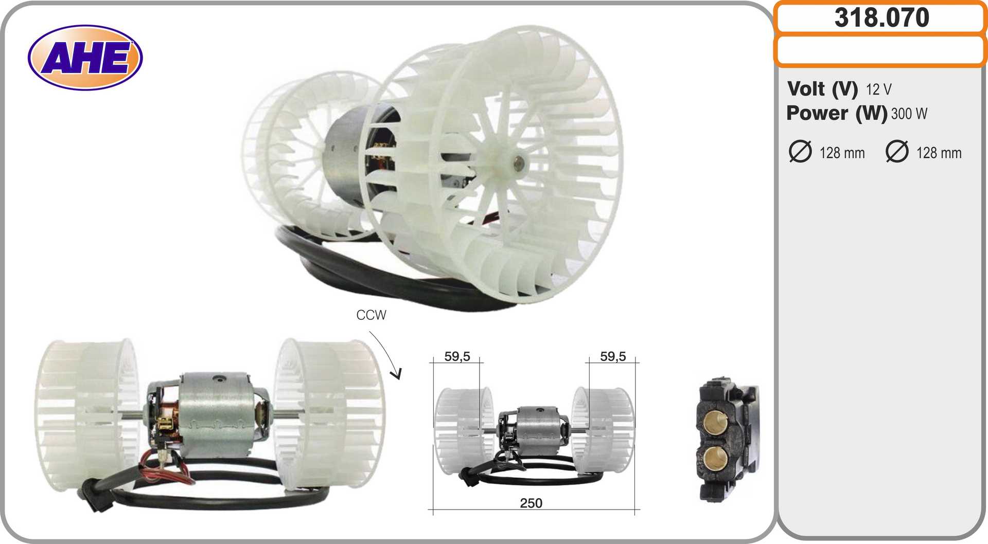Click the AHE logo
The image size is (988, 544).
[85, 57]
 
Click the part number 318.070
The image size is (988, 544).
[881, 17]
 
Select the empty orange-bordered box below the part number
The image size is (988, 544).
[880, 51]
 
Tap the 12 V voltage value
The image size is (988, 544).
[878, 89]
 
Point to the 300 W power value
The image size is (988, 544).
[909, 114]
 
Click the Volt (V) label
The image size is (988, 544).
[822, 89]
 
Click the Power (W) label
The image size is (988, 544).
[837, 113]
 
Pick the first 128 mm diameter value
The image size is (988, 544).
[842, 153]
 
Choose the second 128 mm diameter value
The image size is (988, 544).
[939, 153]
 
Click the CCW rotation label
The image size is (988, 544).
[371, 315]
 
